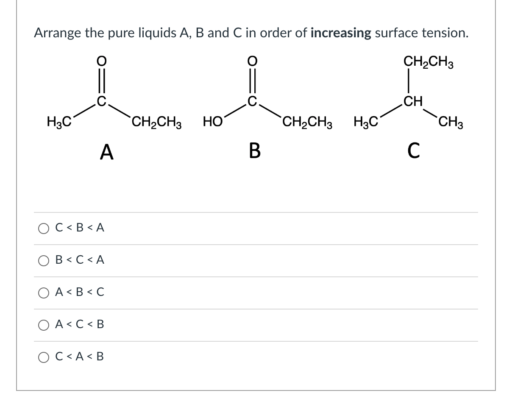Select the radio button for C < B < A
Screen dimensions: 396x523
point(44,229)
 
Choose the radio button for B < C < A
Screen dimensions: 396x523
point(44,260)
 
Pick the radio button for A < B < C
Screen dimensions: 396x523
point(44,293)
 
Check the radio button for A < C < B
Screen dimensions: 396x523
point(44,325)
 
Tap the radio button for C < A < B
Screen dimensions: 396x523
point(44,357)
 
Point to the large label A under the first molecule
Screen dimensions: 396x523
point(107,152)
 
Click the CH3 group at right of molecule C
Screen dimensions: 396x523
point(451,124)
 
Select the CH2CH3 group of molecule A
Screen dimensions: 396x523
point(156,124)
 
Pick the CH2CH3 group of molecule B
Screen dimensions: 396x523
point(307,124)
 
